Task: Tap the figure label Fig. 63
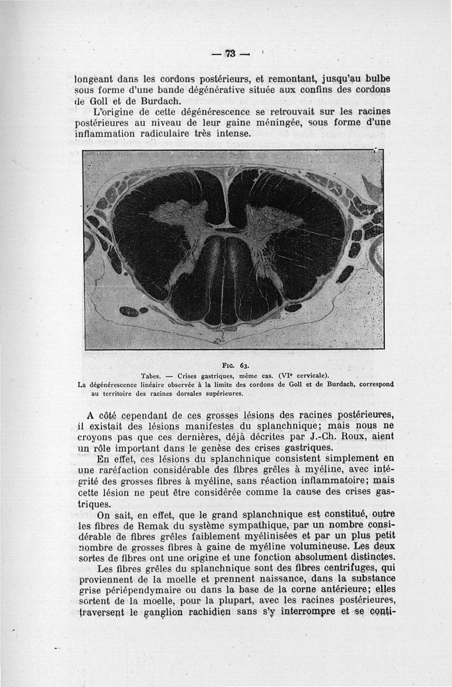click(x=232, y=365)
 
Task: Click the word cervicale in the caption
click(x=309, y=375)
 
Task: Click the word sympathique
click(x=247, y=525)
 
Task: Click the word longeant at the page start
click(x=96, y=79)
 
